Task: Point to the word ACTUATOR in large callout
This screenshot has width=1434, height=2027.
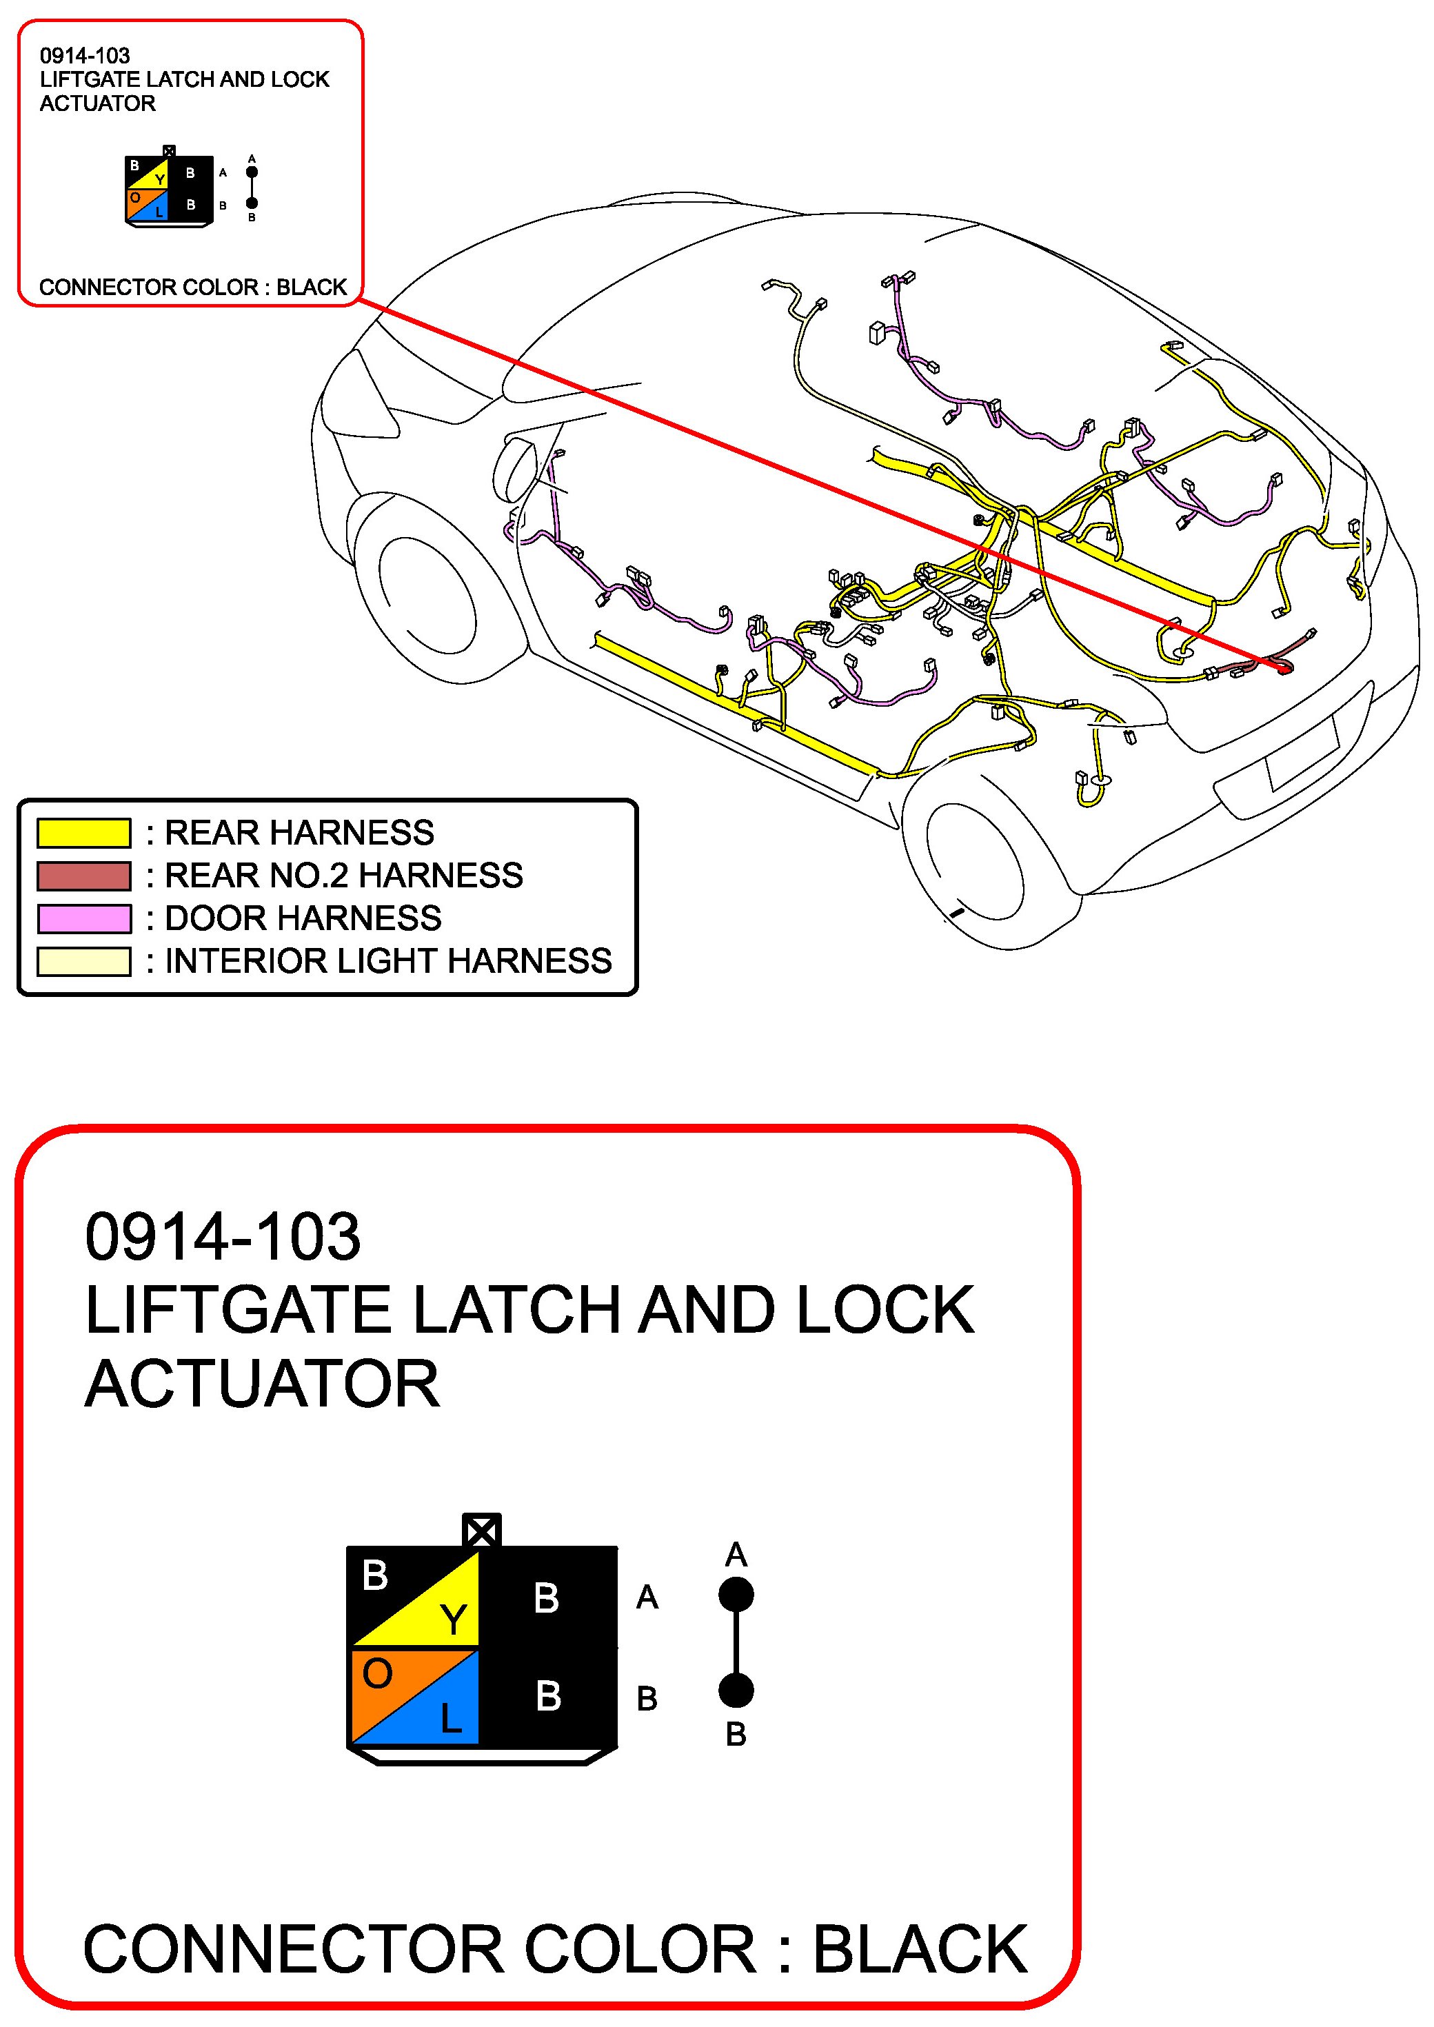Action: point(262,1384)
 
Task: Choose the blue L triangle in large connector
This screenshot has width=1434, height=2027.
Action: point(441,1713)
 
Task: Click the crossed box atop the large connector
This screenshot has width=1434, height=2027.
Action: point(481,1531)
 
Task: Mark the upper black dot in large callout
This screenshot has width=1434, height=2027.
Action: point(736,1595)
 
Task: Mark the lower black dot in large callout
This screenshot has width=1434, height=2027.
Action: point(736,1691)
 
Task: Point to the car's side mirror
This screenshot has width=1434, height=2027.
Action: point(516,468)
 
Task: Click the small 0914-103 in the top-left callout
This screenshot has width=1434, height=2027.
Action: point(85,56)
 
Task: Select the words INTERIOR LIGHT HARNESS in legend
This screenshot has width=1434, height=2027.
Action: point(389,960)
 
